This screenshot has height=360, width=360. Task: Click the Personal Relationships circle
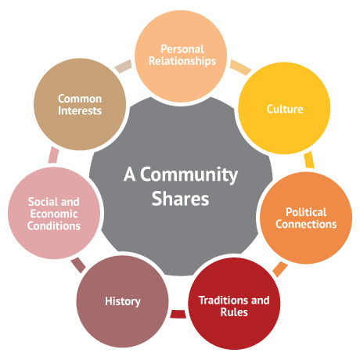181,56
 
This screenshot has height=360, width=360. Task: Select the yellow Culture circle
284,108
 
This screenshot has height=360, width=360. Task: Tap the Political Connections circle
306,218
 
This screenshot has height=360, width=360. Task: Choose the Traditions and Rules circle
234,304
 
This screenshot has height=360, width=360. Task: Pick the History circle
123,301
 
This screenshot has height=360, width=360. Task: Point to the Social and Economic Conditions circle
54,213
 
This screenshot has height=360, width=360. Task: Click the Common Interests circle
80,104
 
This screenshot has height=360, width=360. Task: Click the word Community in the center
189,175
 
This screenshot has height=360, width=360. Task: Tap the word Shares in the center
180,199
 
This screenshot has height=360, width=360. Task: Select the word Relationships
182,61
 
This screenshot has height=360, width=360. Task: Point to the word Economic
54,214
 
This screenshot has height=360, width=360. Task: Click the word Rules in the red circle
234,312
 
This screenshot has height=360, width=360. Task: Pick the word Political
306,212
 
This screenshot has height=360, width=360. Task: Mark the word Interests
80,110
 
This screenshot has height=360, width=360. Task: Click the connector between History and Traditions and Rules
178,314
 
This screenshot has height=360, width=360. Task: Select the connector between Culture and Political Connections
309,160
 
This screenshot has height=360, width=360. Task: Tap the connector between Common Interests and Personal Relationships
123,67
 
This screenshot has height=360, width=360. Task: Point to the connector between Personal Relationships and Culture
240,67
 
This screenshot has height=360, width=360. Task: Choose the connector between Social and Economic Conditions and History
78,265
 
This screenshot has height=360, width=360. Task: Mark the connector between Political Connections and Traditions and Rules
280,269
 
